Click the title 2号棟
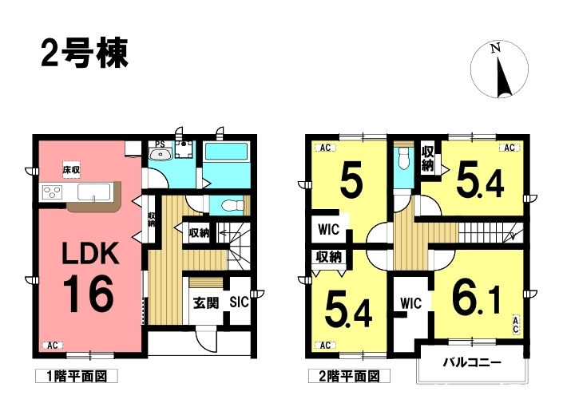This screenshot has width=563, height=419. tap(85, 53)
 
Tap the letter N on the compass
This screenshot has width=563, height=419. tap(496, 48)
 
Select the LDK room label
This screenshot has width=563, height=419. tap(90, 254)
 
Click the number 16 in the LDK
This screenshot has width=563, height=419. tap(89, 294)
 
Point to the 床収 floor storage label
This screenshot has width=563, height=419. tap(71, 170)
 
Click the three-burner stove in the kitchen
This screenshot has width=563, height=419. tap(53, 192)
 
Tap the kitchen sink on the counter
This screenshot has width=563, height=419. tap(94, 192)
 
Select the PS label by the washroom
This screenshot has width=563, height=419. tap(160, 144)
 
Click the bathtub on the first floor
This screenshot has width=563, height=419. tap(226, 153)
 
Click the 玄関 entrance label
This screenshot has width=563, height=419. tap(206, 303)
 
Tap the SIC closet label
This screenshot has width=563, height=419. tap(239, 302)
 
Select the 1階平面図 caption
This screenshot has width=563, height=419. tap(77, 377)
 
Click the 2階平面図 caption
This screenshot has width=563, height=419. tap(349, 377)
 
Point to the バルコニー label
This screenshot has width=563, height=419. tap(472, 362)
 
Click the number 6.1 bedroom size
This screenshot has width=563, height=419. tap(476, 296)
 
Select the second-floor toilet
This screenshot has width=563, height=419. tap(402, 160)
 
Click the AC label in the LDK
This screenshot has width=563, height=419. tap(53, 346)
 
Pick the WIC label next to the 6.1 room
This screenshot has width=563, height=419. tap(410, 304)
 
